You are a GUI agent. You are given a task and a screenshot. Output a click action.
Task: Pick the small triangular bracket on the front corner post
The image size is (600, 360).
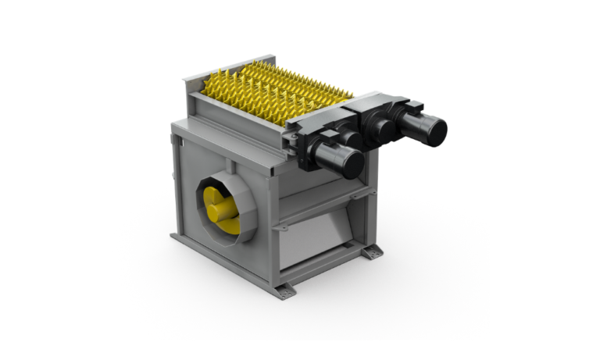(283, 227)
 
